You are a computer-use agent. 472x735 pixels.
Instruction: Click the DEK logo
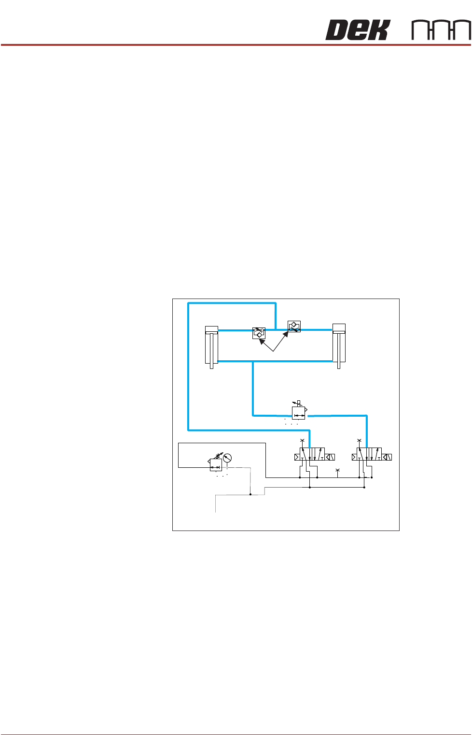pyautogui.click(x=357, y=30)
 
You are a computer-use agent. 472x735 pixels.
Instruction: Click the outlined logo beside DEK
pyautogui.click(x=441, y=30)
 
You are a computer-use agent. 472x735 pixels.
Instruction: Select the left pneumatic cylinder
pyautogui.click(x=211, y=344)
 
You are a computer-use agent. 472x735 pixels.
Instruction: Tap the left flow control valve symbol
pyautogui.click(x=259, y=333)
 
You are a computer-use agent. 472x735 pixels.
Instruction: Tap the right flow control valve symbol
pyautogui.click(x=293, y=327)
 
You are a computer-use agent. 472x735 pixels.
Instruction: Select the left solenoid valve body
pyautogui.click(x=311, y=455)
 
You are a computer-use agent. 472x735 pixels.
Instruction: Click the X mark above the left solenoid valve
pyautogui.click(x=302, y=440)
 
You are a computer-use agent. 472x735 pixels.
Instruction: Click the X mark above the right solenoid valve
pyautogui.click(x=359, y=440)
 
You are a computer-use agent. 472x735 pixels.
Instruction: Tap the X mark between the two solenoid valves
pyautogui.click(x=337, y=470)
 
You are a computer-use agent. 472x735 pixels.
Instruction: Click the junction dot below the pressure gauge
pyautogui.click(x=250, y=494)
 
